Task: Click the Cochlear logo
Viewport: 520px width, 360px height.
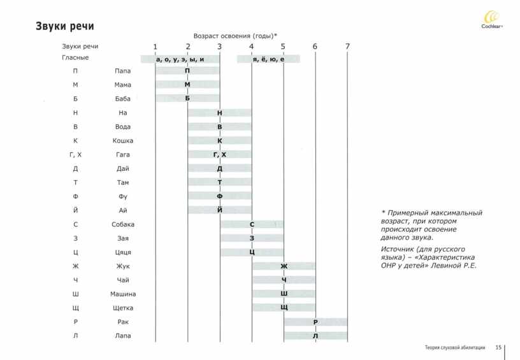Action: [492, 20]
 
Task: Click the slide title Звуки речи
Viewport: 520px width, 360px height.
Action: [65, 26]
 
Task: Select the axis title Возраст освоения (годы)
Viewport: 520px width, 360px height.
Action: [235, 36]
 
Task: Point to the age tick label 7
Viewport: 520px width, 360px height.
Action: [347, 47]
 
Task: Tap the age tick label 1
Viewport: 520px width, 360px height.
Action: [155, 47]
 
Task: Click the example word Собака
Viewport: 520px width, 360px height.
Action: [123, 224]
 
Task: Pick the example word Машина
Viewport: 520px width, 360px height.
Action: [123, 294]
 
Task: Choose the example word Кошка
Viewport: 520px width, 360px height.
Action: [123, 141]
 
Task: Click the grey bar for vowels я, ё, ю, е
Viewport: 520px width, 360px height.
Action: [269, 59]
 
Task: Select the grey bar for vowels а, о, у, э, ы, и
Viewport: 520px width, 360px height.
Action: [180, 59]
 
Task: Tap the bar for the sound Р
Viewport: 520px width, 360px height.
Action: [315, 322]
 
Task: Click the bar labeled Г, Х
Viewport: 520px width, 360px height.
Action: [220, 154]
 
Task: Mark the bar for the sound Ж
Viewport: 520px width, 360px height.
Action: [284, 266]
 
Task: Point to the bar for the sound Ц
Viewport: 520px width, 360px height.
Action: [252, 252]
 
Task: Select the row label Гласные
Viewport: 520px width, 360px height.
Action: [75, 58]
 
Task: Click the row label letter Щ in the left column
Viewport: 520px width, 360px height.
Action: [76, 308]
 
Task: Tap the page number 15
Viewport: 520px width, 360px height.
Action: [498, 347]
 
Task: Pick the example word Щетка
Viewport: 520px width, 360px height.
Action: [123, 308]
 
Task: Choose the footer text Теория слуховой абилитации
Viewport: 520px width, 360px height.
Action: [455, 347]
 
